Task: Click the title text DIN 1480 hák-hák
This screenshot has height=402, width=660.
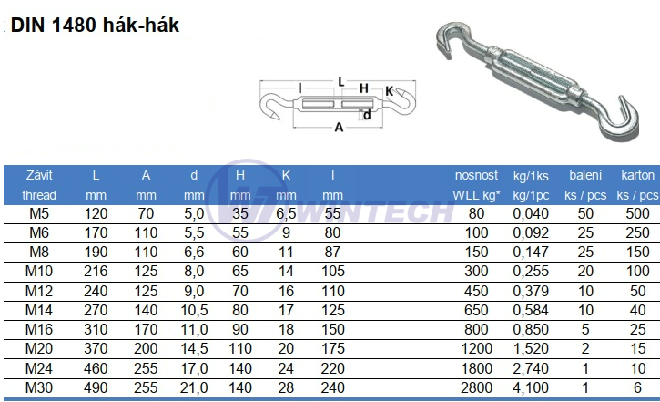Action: pos(95,26)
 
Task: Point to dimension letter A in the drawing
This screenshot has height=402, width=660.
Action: pos(339,128)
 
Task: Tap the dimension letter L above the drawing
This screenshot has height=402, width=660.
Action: pos(340,81)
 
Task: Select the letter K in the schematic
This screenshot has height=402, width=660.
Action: pos(389,90)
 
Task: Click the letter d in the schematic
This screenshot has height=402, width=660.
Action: pos(366,115)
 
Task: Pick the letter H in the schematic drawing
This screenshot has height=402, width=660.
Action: pos(363,88)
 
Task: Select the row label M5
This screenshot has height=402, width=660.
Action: pos(39,214)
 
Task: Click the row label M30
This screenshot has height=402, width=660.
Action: pos(39,387)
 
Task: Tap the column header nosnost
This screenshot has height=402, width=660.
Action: pos(476,174)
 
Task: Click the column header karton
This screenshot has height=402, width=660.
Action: pos(637,174)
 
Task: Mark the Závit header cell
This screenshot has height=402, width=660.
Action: pos(39,174)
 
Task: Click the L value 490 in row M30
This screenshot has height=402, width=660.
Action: pos(96,387)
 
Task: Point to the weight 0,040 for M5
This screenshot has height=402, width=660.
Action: pos(531,214)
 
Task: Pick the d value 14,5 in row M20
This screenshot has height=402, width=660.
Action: pos(194,349)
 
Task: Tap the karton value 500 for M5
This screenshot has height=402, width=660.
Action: pos(637,214)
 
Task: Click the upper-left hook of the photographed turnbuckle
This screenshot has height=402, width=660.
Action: pos(453,41)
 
